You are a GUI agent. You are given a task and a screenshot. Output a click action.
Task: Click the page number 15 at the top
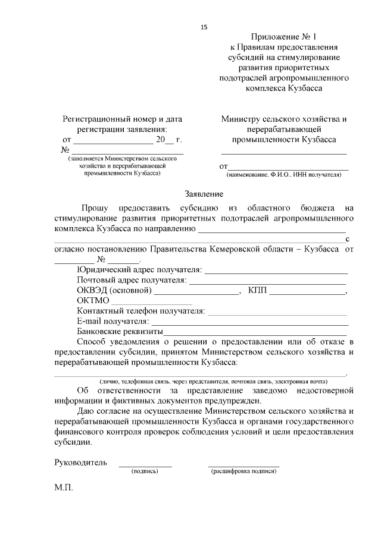click(x=204, y=27)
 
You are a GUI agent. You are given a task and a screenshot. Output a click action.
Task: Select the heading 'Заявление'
click(x=204, y=194)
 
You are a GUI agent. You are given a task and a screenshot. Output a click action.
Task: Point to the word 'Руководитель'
click(x=80, y=462)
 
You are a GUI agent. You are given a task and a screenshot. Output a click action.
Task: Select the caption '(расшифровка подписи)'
click(x=243, y=471)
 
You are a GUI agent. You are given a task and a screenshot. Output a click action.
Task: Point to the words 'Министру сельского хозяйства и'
click(x=283, y=119)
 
